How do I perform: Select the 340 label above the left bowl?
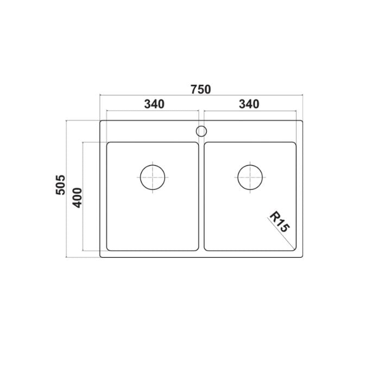154,103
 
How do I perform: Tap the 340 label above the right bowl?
249,103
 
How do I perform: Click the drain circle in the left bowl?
153,176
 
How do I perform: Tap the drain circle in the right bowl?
250,176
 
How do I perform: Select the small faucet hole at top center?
201,131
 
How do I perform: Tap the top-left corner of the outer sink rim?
101,122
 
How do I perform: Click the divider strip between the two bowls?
201,195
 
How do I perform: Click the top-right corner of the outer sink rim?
301,122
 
